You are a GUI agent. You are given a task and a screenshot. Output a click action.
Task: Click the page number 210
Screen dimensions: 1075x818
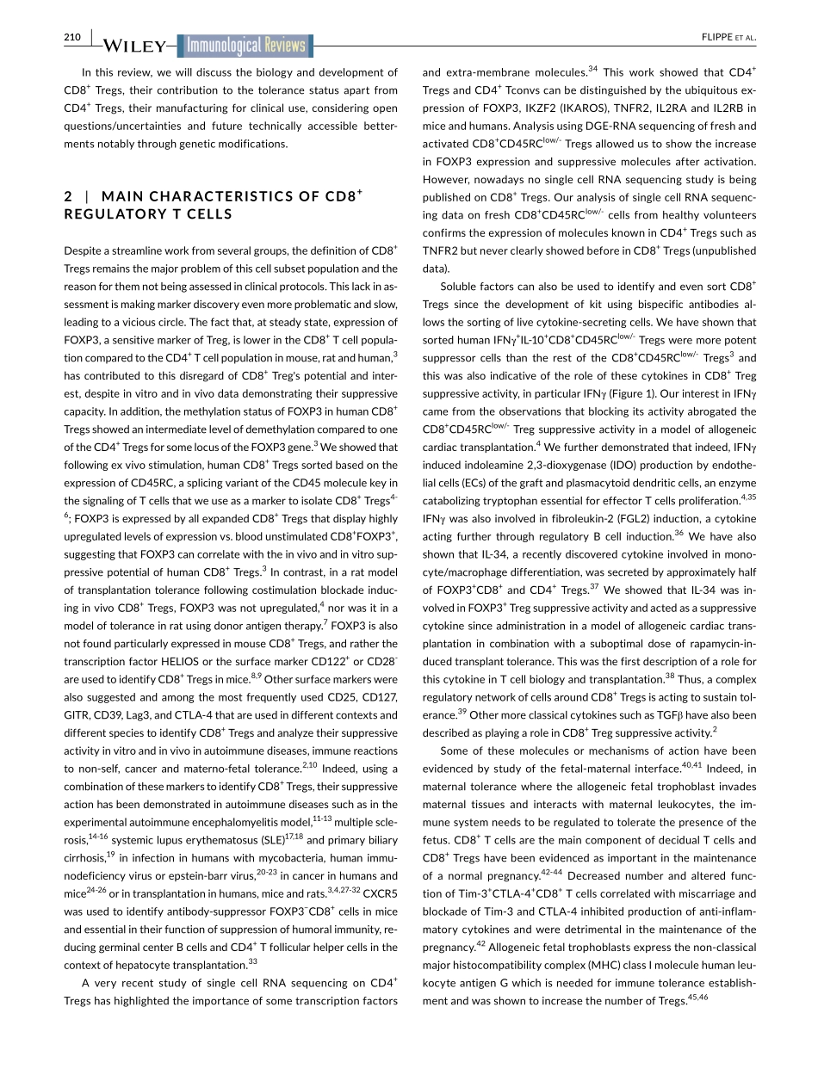[72, 36]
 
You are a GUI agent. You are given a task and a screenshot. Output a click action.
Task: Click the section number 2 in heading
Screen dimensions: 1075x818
[68, 197]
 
